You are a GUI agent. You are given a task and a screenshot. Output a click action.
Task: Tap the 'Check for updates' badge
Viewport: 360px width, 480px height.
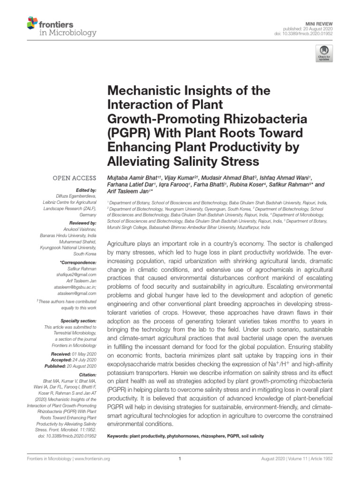(x=323, y=53)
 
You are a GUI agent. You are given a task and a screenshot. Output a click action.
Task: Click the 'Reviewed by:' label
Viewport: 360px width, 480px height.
(x=83, y=223)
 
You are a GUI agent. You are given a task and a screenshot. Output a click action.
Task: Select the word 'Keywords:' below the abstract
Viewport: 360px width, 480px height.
(x=119, y=436)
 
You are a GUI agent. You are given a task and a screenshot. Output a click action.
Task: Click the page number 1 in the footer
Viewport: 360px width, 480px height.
(x=180, y=459)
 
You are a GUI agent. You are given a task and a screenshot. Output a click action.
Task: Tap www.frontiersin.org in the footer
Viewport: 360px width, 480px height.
(x=89, y=459)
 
